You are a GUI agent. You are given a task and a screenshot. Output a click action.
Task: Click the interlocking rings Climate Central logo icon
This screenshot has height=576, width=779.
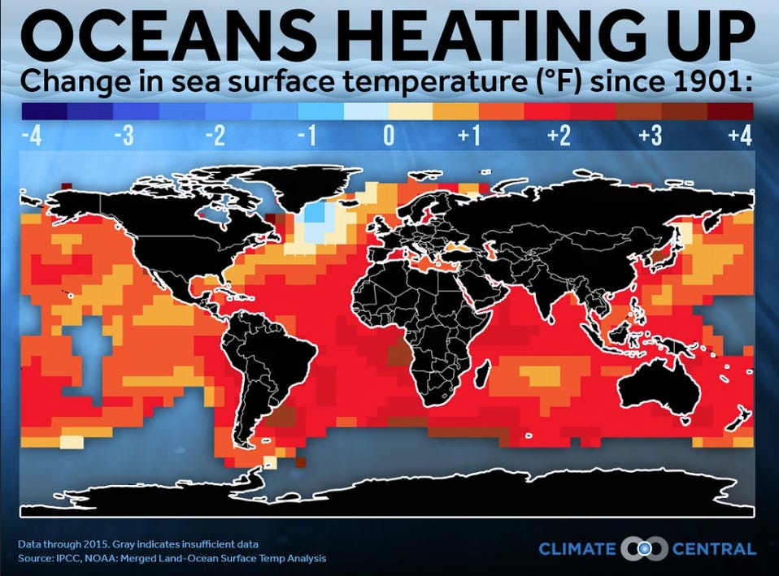pyautogui.click(x=644, y=548)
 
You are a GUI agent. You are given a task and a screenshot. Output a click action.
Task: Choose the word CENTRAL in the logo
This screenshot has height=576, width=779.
pyautogui.click(x=714, y=549)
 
